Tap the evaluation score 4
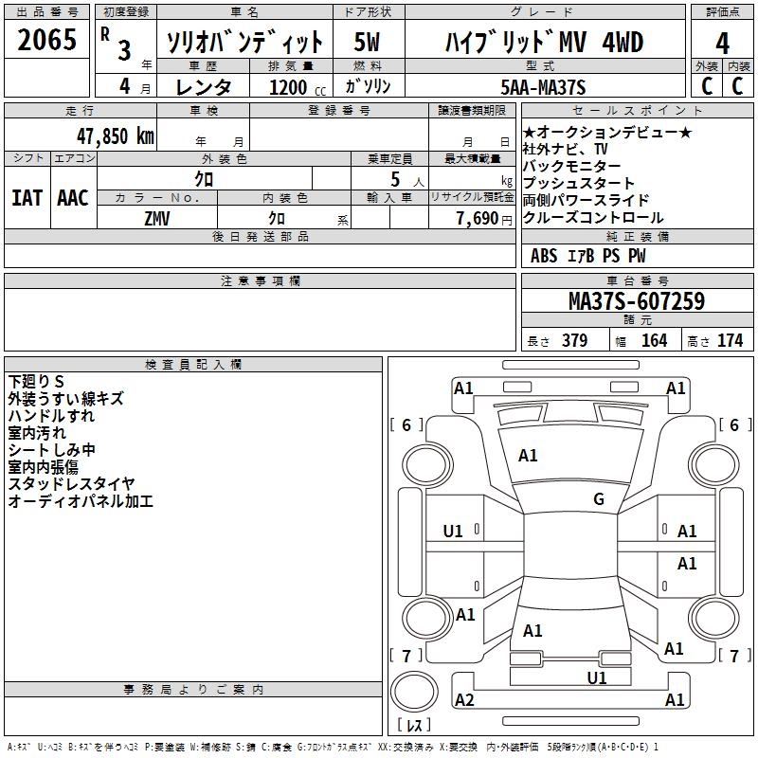(722, 42)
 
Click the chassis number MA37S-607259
(636, 301)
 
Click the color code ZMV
(157, 217)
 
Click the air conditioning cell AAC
(72, 197)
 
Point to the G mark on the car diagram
(598, 499)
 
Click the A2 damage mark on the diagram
(464, 699)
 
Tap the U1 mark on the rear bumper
(597, 677)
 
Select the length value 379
(574, 340)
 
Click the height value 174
(730, 340)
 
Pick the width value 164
(654, 340)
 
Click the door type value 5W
(368, 42)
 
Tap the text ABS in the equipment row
(544, 255)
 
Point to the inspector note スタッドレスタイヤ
(71, 484)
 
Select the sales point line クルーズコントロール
(593, 217)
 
